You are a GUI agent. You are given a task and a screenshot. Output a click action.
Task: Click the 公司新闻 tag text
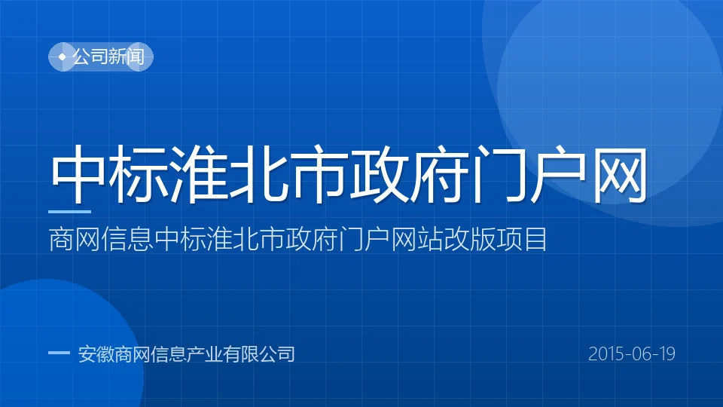(108, 57)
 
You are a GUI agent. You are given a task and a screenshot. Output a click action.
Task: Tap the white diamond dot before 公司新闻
(62, 57)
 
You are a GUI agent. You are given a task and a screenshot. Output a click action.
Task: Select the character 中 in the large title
(78, 174)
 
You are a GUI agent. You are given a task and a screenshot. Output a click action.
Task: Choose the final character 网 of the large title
(620, 174)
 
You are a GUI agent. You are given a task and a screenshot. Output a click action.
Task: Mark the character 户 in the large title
(560, 174)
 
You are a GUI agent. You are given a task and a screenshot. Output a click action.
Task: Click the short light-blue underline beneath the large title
(69, 212)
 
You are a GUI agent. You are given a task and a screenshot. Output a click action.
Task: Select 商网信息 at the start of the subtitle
(101, 239)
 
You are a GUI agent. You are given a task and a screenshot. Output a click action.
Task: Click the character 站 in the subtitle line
(430, 239)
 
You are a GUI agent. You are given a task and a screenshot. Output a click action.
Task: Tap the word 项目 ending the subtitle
(522, 239)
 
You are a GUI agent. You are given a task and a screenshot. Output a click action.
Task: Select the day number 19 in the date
(667, 354)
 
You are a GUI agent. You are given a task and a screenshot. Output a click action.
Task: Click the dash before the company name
(59, 353)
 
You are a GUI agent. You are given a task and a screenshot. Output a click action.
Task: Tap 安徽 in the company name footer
(96, 354)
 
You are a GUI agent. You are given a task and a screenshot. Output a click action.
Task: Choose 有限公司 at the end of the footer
(258, 354)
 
